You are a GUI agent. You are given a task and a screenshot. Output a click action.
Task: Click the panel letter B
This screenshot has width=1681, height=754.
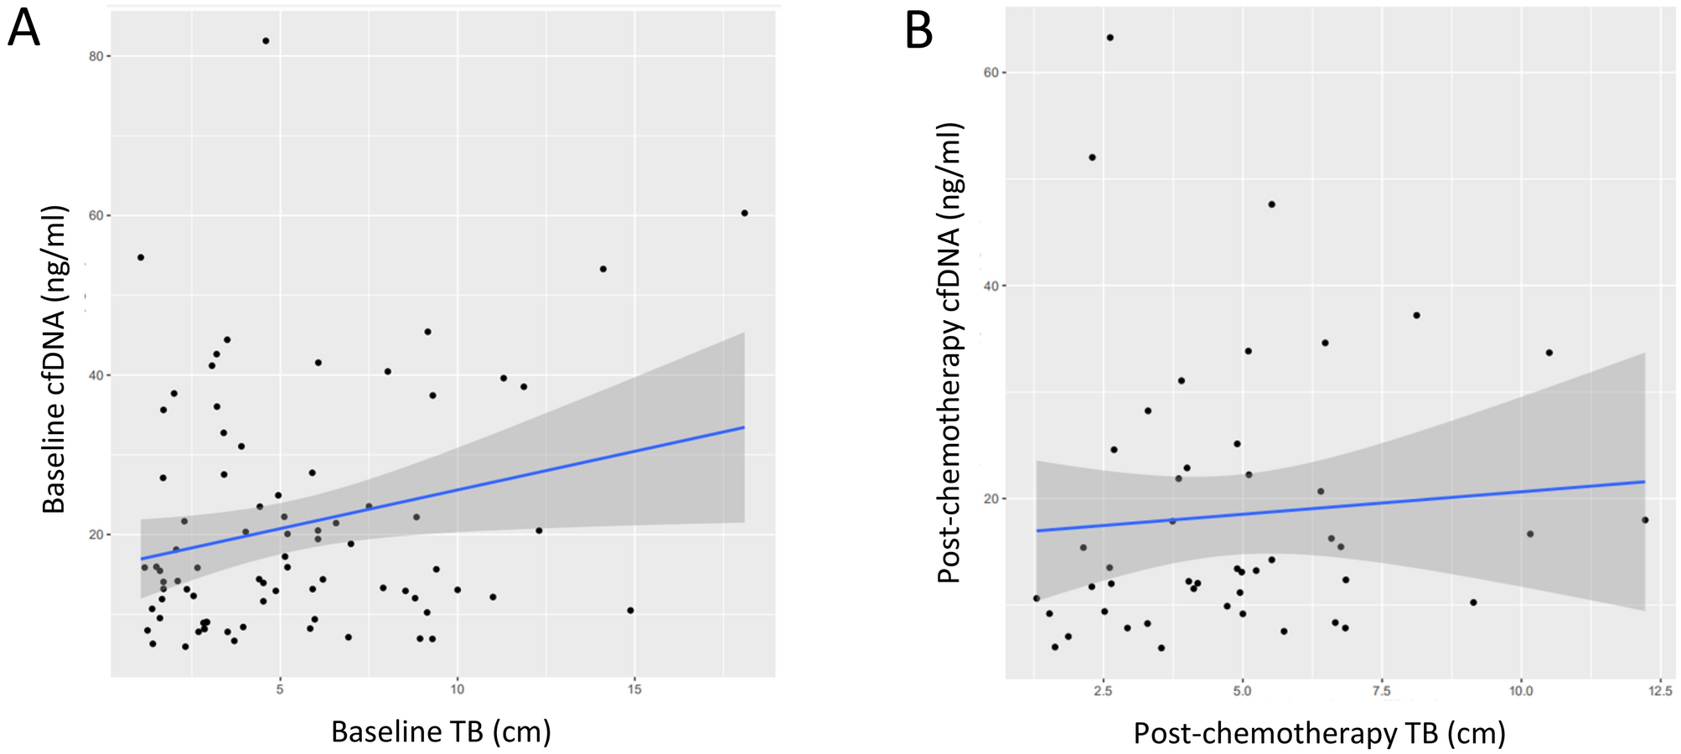(919, 32)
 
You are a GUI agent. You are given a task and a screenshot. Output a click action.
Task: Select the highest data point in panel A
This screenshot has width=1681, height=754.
(266, 40)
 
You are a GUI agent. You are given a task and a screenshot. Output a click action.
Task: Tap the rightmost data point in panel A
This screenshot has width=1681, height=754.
(744, 213)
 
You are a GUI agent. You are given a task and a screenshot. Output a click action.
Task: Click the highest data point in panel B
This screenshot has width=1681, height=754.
(1109, 37)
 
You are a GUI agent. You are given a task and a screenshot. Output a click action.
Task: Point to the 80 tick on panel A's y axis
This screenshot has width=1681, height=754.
(96, 56)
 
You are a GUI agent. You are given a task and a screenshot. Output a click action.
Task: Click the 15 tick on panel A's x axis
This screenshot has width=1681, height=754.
(634, 689)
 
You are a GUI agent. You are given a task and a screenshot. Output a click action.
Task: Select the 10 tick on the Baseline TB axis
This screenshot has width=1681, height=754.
(457, 689)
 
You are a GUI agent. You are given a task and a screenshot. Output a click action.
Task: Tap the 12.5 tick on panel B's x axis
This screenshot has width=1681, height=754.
(1659, 691)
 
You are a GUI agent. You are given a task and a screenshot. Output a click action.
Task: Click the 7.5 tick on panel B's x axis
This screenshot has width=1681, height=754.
(1381, 691)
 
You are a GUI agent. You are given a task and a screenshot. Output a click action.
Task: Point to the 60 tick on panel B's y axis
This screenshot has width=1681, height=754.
(990, 72)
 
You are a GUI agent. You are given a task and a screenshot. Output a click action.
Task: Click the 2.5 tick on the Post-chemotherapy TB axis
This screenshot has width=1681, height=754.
(1103, 691)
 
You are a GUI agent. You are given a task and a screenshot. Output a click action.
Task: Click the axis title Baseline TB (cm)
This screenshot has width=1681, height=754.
(441, 731)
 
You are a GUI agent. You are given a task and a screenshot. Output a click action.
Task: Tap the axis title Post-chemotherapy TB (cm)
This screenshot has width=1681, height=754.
(1319, 733)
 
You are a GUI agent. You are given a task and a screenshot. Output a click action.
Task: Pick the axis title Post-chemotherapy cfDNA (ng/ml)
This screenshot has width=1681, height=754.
(949, 352)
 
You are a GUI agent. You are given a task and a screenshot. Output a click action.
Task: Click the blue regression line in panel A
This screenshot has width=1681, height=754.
(442, 493)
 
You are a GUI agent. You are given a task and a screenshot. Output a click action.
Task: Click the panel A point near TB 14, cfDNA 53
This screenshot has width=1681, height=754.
(603, 269)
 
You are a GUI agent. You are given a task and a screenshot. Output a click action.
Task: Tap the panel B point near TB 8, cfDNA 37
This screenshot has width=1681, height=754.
(1416, 315)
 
